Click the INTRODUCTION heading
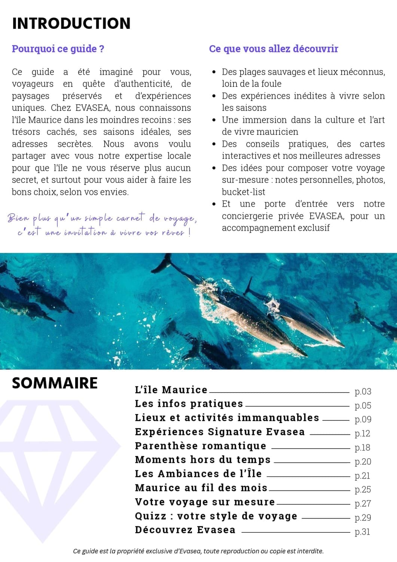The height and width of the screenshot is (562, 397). (71, 23)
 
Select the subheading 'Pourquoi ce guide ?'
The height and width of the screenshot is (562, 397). (58, 49)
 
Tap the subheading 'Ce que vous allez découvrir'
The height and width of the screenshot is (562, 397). (274, 49)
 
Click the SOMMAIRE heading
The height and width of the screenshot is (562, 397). (55, 383)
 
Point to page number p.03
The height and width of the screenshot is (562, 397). (363, 392)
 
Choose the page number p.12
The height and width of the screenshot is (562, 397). (362, 433)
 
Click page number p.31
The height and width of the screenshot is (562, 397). (362, 532)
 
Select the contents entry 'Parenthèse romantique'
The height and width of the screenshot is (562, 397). (201, 446)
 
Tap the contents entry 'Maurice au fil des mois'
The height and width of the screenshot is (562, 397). (201, 488)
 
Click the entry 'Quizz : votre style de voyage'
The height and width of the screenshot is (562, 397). (216, 516)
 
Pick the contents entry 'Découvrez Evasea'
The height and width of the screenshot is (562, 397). (185, 530)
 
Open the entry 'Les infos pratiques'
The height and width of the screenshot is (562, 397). (189, 404)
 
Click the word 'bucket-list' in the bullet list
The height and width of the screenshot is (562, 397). (243, 192)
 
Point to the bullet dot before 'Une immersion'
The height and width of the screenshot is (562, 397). (214, 120)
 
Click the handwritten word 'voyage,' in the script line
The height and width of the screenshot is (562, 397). (180, 218)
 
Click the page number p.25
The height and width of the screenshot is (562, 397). (363, 489)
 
